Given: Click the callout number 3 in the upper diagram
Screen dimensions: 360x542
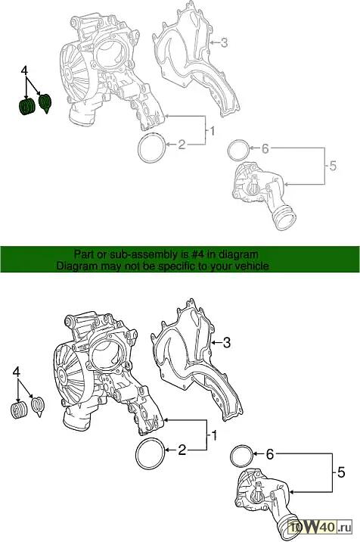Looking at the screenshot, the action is click(224, 43).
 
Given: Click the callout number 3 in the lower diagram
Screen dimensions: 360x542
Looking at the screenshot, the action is click(226, 343).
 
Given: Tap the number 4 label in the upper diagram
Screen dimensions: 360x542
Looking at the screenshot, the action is click(24, 70).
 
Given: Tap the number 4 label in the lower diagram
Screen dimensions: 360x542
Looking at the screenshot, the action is click(16, 372).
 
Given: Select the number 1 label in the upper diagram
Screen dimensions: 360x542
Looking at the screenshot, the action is click(213, 132).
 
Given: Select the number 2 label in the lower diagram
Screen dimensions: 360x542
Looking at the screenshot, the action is click(182, 450).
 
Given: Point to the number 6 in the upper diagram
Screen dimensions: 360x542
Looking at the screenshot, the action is click(265, 148).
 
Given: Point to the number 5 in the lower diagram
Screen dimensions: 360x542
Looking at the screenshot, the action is click(341, 472).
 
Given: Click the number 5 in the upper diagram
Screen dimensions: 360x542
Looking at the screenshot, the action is click(333, 166).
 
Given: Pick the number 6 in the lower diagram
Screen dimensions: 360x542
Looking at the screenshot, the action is click(269, 454).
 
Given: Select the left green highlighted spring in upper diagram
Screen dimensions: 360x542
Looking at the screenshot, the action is click(26, 107).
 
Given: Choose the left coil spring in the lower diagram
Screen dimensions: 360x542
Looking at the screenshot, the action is click(19, 410).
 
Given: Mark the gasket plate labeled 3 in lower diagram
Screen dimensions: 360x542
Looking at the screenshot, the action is click(196, 360).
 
